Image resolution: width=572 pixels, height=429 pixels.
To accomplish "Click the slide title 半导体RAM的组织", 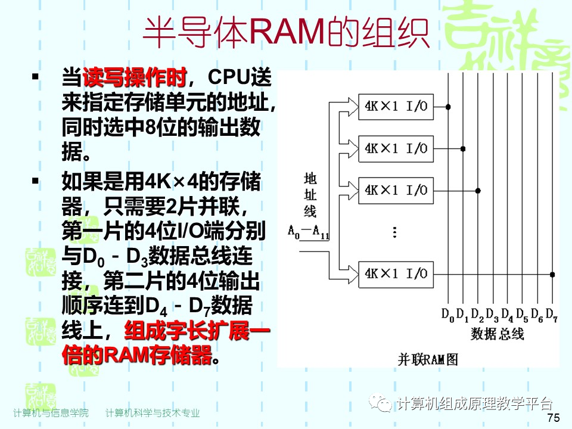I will point(286,33).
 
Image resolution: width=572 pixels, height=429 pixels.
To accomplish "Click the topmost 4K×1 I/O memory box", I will point(396,107).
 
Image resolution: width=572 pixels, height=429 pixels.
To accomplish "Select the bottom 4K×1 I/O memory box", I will point(396,274).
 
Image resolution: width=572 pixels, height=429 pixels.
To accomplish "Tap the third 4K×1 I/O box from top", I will point(396,191).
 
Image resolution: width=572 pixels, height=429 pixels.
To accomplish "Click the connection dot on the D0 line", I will point(448,107).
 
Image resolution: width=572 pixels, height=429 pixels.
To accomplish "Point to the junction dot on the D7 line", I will point(552,274).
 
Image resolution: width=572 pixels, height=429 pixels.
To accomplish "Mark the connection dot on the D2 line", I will point(478,191).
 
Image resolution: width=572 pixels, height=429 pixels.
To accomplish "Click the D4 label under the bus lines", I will point(507,313).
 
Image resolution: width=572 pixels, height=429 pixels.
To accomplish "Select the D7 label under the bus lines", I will point(551,313).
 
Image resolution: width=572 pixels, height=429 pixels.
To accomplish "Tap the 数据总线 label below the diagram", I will point(497,334).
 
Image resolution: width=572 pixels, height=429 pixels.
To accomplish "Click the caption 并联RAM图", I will point(428,359).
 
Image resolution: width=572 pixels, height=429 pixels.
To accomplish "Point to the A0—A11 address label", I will point(309,231).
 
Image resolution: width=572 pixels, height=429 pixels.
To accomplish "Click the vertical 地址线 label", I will point(310,195).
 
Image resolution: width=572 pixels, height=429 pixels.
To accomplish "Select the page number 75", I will point(553,418).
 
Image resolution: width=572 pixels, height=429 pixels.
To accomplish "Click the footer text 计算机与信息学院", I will point(51,413).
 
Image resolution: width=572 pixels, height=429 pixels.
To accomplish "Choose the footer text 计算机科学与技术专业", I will point(153,413).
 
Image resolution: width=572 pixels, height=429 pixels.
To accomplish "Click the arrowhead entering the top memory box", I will point(352,107).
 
